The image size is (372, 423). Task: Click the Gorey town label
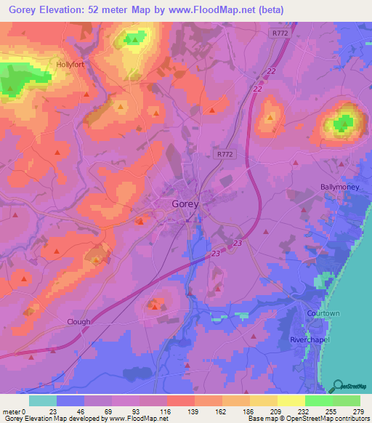click(185, 204)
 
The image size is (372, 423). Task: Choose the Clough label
click(79, 322)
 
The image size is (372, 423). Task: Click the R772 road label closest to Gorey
click(225, 153)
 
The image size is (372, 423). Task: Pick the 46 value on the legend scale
click(80, 411)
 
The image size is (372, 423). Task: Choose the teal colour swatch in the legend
click(42, 400)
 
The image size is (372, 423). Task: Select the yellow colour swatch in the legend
click(291, 400)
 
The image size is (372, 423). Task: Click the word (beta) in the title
click(266, 10)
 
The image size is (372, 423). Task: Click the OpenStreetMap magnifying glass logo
click(336, 386)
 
